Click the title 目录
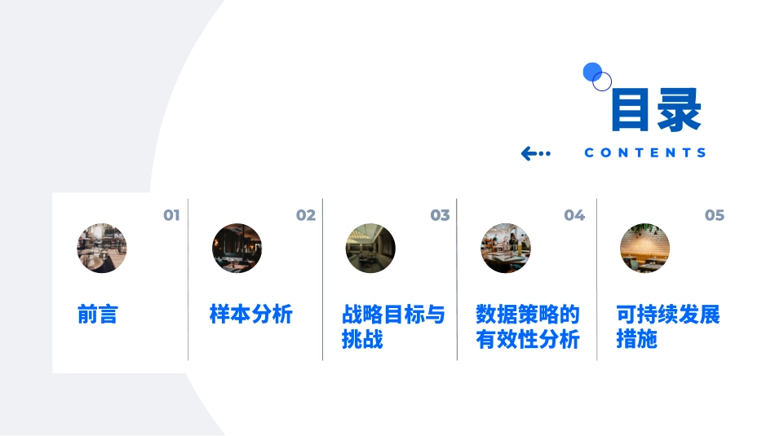[x=656, y=111]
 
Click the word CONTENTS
[x=645, y=152]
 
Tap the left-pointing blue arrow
[x=535, y=153]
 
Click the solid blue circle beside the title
[x=592, y=72]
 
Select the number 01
[x=171, y=215]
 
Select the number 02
[x=306, y=215]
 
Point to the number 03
[x=441, y=215]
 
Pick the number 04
[x=574, y=215]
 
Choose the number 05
[x=715, y=215]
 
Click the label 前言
[x=98, y=315]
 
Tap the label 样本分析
[x=251, y=315]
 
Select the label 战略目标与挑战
[x=393, y=326]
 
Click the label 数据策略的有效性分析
[x=528, y=326]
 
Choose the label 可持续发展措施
[x=668, y=326]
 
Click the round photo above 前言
[x=102, y=249]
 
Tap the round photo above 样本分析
[x=237, y=249]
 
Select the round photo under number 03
[x=370, y=249]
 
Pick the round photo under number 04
[x=506, y=249]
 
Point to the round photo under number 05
[x=644, y=249]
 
